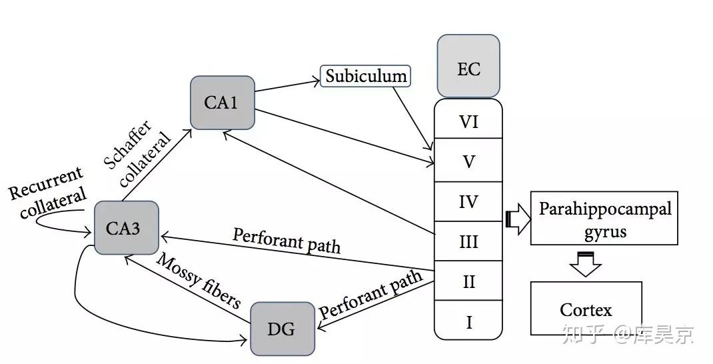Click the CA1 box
point(223,103)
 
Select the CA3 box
point(127,227)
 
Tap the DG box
point(283,329)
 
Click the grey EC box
point(468,66)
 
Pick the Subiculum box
point(366,76)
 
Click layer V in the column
point(468,161)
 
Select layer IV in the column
point(468,201)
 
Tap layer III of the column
point(468,241)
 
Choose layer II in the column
point(468,281)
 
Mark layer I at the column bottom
point(468,320)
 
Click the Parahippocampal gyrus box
point(604,219)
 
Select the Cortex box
point(586,309)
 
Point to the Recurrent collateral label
point(48,193)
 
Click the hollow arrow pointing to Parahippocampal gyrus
point(518,219)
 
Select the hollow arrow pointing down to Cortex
point(586,264)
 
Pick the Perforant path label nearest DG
point(370,295)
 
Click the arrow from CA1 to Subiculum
point(287,87)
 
